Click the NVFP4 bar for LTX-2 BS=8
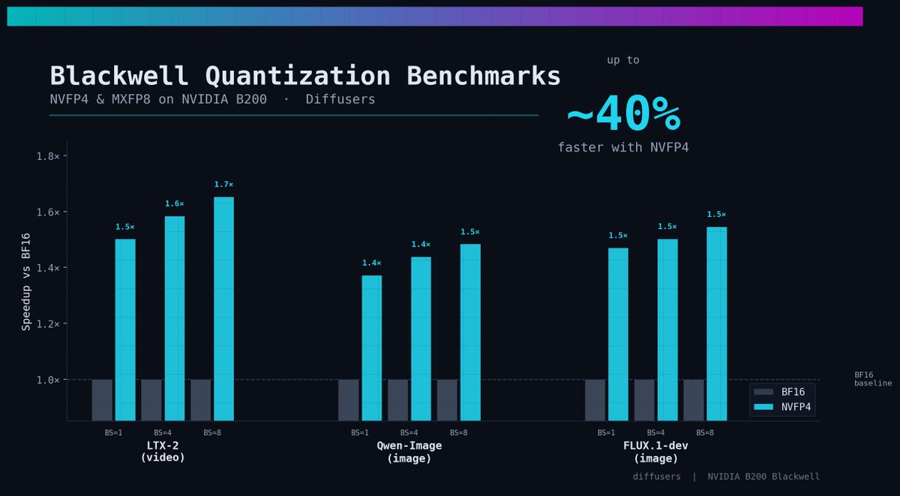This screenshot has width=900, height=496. tap(224, 308)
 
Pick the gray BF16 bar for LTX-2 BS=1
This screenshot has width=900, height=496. tap(102, 399)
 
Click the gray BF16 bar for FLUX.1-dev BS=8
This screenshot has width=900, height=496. tap(694, 399)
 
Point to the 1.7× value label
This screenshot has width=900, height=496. tap(223, 185)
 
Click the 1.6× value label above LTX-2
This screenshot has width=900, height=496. tap(175, 204)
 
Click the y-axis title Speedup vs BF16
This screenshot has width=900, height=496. tap(26, 282)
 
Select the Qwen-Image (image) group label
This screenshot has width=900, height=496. tap(409, 452)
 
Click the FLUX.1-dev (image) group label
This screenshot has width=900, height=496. tap(655, 452)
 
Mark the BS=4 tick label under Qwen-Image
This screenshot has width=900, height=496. tap(409, 433)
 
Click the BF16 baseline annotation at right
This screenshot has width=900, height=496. tap(872, 379)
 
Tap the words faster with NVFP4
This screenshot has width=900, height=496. tap(623, 148)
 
